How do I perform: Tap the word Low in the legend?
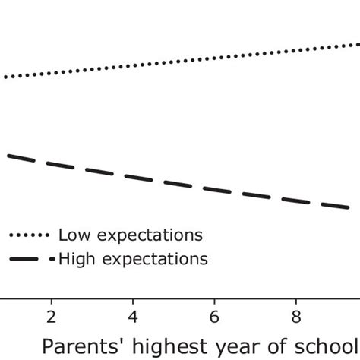pyautogui.click(x=72, y=234)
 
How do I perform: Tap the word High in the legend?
pyautogui.click(x=74, y=259)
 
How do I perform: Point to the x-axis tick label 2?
pyautogui.click(x=51, y=315)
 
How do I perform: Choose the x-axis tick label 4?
pyautogui.click(x=133, y=315)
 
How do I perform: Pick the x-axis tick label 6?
pyautogui.click(x=215, y=315)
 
